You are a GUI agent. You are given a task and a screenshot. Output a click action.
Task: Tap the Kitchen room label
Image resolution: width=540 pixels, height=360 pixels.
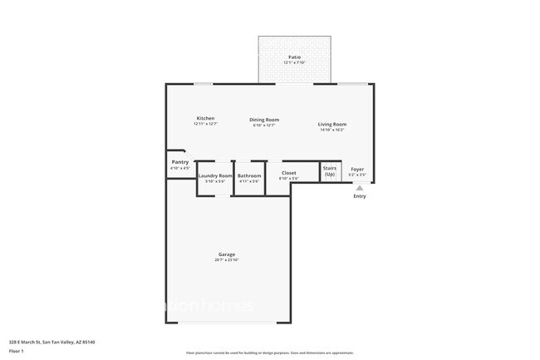point(205,118)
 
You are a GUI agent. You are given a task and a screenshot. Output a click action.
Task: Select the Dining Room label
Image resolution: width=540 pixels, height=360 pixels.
point(264,120)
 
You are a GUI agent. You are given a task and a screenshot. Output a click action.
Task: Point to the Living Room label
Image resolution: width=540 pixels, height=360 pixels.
point(331,124)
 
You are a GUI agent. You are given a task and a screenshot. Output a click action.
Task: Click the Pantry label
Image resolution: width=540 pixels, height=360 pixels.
point(180,161)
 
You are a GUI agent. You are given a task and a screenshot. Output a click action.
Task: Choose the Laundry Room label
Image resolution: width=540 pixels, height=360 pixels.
point(215,175)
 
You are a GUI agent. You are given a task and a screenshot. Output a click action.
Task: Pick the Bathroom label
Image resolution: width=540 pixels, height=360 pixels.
point(249,175)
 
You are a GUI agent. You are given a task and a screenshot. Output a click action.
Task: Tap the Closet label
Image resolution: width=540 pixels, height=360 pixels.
point(288,173)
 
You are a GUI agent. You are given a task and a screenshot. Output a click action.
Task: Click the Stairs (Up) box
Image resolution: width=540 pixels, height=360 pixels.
point(330,171)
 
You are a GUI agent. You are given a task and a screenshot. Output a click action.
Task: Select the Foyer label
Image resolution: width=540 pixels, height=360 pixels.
point(357,170)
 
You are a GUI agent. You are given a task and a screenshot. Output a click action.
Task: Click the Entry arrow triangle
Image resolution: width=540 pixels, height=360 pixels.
point(360,188)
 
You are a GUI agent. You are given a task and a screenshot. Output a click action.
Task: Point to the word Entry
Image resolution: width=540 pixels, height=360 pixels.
point(360,196)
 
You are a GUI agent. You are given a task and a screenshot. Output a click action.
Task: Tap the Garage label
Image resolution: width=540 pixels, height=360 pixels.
point(227,254)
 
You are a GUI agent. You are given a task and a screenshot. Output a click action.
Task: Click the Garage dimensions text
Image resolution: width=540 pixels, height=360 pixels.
point(227,260)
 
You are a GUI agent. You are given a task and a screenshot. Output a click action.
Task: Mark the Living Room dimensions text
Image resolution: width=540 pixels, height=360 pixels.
point(331,130)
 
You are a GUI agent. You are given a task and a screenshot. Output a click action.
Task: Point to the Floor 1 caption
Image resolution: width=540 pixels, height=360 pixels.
point(17,351)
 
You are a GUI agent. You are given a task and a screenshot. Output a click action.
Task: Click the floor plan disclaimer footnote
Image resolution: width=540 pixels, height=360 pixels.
point(270,354)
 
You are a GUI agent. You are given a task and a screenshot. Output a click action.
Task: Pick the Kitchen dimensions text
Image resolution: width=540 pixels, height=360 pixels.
point(205,124)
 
